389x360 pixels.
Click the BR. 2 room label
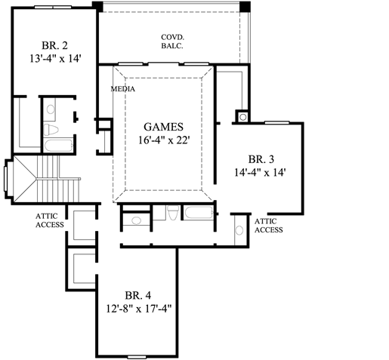click(55, 45)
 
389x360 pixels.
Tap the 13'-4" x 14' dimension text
click(55, 56)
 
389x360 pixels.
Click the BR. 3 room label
click(261, 158)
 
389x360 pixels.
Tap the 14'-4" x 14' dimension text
click(261, 171)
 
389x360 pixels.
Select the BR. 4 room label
click(136, 295)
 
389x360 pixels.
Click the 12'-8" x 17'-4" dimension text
click(136, 308)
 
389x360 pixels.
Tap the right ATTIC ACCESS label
click(268, 225)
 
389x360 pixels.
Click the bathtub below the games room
click(198, 215)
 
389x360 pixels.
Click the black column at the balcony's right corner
click(245, 5)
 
